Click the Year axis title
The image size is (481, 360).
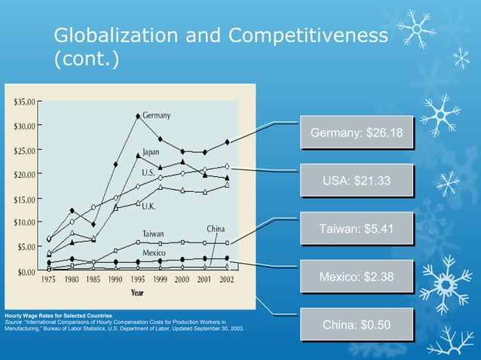tap(138, 291)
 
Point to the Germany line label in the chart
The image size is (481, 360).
tap(156, 115)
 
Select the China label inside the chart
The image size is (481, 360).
tap(215, 228)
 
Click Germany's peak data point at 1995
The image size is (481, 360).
tap(137, 116)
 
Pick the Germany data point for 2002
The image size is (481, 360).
tap(227, 142)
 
